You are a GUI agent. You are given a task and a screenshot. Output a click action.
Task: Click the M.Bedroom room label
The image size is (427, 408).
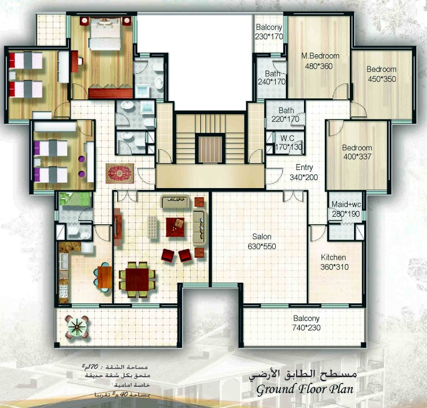tap(320, 56)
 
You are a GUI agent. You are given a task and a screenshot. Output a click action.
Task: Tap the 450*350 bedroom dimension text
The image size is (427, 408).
tap(381, 79)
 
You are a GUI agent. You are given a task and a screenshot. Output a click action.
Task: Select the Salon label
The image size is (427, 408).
tap(262, 237)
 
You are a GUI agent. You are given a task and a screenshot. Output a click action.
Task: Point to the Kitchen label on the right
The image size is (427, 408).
tap(333, 258)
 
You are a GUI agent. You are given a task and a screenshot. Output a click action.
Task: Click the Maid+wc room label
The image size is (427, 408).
tap(347, 204)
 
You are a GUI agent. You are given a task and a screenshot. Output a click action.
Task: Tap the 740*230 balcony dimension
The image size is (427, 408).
tap(306, 328)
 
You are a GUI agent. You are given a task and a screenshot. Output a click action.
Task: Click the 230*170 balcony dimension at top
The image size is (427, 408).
tap(268, 37)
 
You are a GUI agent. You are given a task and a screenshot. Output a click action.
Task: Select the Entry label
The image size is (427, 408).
tap(304, 168)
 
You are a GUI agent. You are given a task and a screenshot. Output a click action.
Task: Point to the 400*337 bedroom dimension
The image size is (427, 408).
tap(357, 157)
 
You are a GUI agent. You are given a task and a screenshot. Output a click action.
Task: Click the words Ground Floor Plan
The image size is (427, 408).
tap(305, 389)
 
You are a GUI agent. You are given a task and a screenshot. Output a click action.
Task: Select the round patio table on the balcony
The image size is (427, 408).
tap(78, 326)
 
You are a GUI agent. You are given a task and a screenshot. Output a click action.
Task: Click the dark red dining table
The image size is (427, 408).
tap(137, 278)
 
